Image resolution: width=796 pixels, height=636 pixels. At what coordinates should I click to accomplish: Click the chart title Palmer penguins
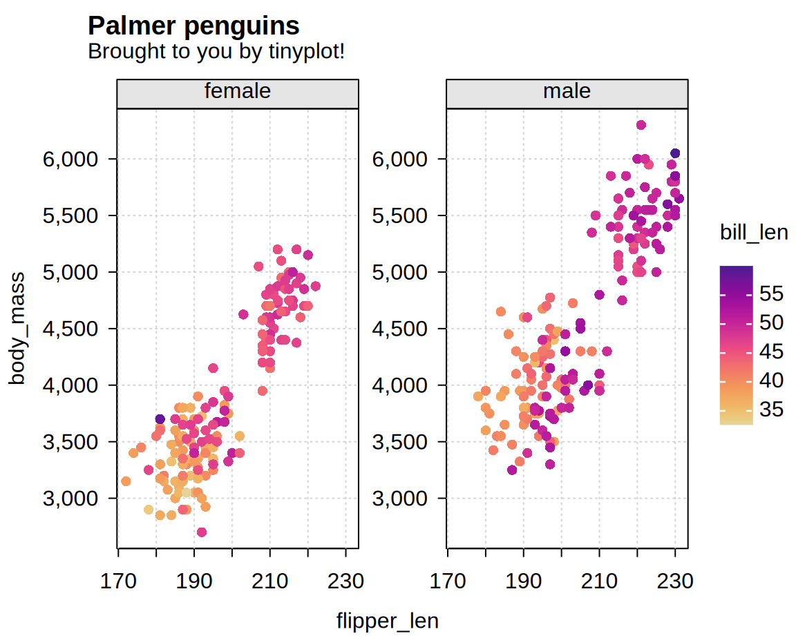click(193, 26)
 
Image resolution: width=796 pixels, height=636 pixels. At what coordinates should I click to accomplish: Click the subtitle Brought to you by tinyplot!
click(216, 51)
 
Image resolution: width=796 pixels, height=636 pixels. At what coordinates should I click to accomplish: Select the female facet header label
click(237, 91)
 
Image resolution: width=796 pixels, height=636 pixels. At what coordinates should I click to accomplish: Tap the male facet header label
click(567, 91)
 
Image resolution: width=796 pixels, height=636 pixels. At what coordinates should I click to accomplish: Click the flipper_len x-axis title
click(387, 621)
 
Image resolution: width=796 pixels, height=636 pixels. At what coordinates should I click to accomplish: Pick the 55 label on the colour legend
click(770, 293)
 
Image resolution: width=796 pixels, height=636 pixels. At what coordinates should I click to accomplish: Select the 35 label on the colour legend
click(770, 409)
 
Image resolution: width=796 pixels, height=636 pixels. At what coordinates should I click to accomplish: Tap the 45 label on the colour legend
click(770, 351)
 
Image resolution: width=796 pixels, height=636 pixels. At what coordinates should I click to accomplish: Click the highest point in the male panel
click(641, 125)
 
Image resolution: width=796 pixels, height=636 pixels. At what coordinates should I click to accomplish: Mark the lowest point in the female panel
click(202, 532)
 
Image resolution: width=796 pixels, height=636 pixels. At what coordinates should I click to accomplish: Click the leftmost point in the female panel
click(126, 481)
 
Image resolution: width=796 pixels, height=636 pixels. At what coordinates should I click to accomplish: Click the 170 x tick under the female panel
click(119, 581)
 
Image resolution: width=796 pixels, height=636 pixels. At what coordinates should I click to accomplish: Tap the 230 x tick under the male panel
click(676, 581)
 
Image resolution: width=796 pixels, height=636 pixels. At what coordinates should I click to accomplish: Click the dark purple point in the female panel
click(160, 418)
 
